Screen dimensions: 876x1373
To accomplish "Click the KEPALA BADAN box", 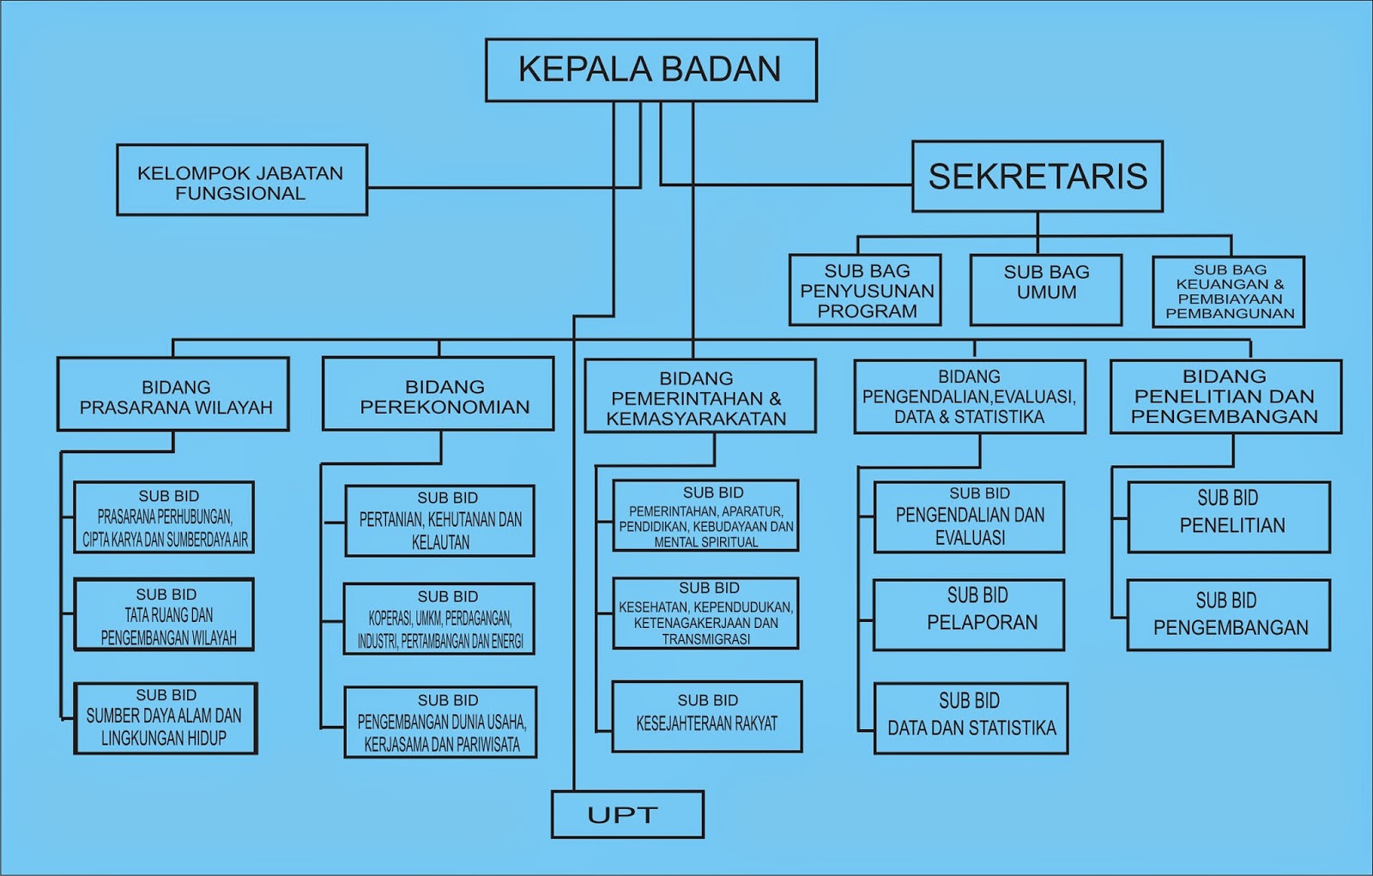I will pyautogui.click(x=650, y=70).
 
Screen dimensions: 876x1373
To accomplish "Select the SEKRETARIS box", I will pyautogui.click(x=1037, y=177).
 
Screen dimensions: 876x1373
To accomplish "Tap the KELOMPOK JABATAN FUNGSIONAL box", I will pyautogui.click(x=241, y=180).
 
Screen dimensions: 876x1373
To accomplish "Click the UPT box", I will pyautogui.click(x=626, y=814).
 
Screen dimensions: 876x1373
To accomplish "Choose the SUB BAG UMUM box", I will pyautogui.click(x=1045, y=290).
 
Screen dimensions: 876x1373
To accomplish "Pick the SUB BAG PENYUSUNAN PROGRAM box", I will pyautogui.click(x=865, y=290).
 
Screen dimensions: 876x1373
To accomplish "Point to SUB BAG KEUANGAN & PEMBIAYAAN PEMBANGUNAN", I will pyautogui.click(x=1228, y=292).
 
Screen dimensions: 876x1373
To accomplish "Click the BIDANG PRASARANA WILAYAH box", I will pyautogui.click(x=173, y=395).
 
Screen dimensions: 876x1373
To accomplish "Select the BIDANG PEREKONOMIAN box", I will pyautogui.click(x=438, y=395).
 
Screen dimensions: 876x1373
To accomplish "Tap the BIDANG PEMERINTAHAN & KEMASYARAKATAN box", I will pyautogui.click(x=699, y=396).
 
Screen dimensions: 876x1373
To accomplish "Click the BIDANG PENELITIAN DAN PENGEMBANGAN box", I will pyautogui.click(x=1225, y=396).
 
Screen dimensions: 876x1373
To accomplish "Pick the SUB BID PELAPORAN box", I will pyautogui.click(x=969, y=614).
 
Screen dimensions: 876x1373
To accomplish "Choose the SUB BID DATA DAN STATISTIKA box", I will pyautogui.click(x=971, y=718).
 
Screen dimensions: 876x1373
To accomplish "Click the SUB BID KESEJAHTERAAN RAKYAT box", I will pyautogui.click(x=706, y=716).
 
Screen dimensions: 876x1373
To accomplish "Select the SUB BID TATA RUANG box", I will pyautogui.click(x=164, y=615).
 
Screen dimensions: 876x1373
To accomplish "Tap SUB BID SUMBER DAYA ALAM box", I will pyautogui.click(x=165, y=718).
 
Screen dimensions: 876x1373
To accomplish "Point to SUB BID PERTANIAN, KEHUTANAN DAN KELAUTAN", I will pyautogui.click(x=439, y=521).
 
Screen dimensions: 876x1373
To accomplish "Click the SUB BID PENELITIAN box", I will pyautogui.click(x=1229, y=517).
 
